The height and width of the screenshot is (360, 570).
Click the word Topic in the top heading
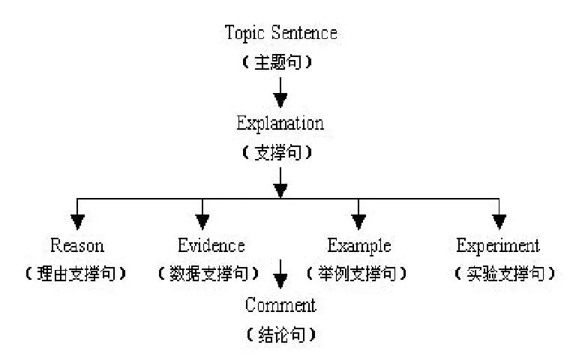(x=244, y=33)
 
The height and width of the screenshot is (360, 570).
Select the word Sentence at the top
(x=304, y=32)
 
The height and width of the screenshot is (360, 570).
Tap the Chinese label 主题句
(x=277, y=61)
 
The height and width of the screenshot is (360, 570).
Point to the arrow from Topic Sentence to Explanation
(x=280, y=92)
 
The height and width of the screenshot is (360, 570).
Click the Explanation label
(x=280, y=124)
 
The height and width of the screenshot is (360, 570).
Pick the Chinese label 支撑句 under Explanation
(x=277, y=152)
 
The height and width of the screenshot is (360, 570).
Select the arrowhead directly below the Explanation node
(x=280, y=190)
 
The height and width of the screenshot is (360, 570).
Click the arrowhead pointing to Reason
(x=77, y=222)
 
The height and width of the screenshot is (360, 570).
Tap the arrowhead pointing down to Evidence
(x=202, y=222)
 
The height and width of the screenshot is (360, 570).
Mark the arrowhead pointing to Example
(x=358, y=222)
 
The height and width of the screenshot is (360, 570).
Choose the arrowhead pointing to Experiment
(x=499, y=222)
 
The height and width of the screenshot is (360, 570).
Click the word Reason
(x=77, y=245)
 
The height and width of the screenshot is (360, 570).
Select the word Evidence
(x=211, y=245)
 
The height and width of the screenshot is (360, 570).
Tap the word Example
(x=359, y=246)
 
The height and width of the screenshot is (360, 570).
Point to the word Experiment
(x=498, y=246)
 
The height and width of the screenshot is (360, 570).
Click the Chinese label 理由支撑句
(x=76, y=274)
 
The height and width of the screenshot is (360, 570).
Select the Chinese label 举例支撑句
(x=357, y=274)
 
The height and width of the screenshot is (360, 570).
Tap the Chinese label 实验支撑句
(x=505, y=274)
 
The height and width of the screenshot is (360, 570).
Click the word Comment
(x=280, y=305)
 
